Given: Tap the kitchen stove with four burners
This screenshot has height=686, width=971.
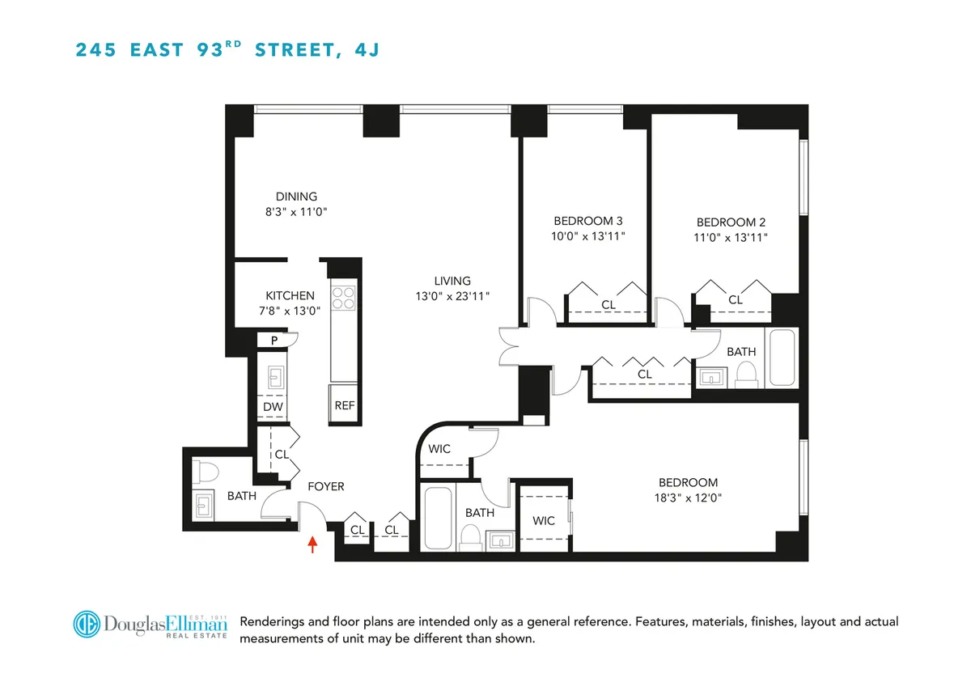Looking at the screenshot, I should click(343, 297).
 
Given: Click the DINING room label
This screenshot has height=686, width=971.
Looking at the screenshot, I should click(296, 197).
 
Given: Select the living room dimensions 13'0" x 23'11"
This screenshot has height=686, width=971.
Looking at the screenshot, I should click(452, 297).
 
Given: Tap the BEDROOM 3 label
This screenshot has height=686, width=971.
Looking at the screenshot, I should click(588, 221).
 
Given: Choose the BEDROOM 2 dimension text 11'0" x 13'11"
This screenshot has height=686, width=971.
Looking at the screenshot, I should click(731, 238).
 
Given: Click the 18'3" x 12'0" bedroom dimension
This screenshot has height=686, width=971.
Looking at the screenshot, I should click(687, 498).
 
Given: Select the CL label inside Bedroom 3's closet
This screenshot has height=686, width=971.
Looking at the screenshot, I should click(608, 305).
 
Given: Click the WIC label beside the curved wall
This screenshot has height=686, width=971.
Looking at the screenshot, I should click(439, 450).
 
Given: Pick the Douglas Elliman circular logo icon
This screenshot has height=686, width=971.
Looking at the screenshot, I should click(87, 625).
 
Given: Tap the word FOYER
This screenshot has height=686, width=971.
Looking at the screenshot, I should click(326, 487).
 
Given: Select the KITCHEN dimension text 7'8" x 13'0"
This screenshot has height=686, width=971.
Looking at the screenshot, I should click(290, 311).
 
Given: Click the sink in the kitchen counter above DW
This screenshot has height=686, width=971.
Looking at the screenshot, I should click(273, 377).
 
